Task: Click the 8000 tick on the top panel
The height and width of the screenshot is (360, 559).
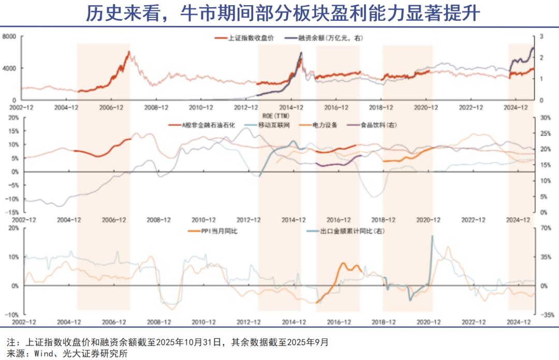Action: [10, 37]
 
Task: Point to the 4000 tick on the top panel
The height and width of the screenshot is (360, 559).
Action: [10, 68]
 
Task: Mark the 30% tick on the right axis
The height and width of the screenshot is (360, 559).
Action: [544, 118]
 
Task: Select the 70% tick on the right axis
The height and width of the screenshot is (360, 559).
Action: [544, 228]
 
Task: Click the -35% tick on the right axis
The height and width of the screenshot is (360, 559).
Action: [545, 314]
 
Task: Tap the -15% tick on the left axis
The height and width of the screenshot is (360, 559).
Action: [12, 212]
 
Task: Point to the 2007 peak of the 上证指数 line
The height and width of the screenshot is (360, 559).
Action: [128, 52]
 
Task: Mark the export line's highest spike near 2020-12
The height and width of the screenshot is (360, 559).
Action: [432, 236]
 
